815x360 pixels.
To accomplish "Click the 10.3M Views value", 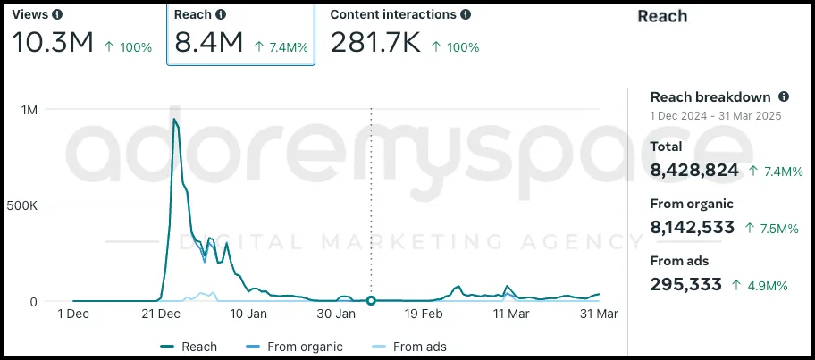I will click(x=53, y=42).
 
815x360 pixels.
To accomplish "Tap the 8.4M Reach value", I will click(x=209, y=42).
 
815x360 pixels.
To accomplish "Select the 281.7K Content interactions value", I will click(x=374, y=42).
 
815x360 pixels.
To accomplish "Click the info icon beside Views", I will click(x=57, y=15).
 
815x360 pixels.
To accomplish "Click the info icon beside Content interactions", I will click(x=466, y=15).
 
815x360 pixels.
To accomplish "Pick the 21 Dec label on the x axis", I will click(x=162, y=314).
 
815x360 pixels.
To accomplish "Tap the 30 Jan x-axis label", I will click(x=337, y=314).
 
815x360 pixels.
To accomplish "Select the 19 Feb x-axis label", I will click(x=424, y=314).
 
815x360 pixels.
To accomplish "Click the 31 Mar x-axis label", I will click(x=599, y=314).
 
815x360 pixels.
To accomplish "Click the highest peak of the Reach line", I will click(x=174, y=119).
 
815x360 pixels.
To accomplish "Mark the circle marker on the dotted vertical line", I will click(x=371, y=301).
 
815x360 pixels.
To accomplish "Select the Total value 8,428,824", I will click(x=694, y=170).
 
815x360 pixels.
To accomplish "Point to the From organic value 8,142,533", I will click(x=693, y=228).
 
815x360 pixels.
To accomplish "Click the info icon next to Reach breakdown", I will click(x=784, y=96).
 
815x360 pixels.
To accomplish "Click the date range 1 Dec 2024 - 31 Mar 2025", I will click(x=714, y=115).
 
